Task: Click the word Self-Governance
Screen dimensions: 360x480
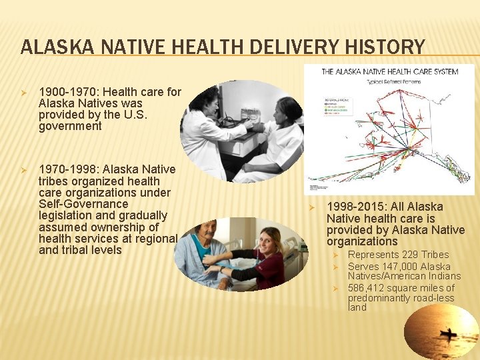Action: pyautogui.click(x=83, y=204)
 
